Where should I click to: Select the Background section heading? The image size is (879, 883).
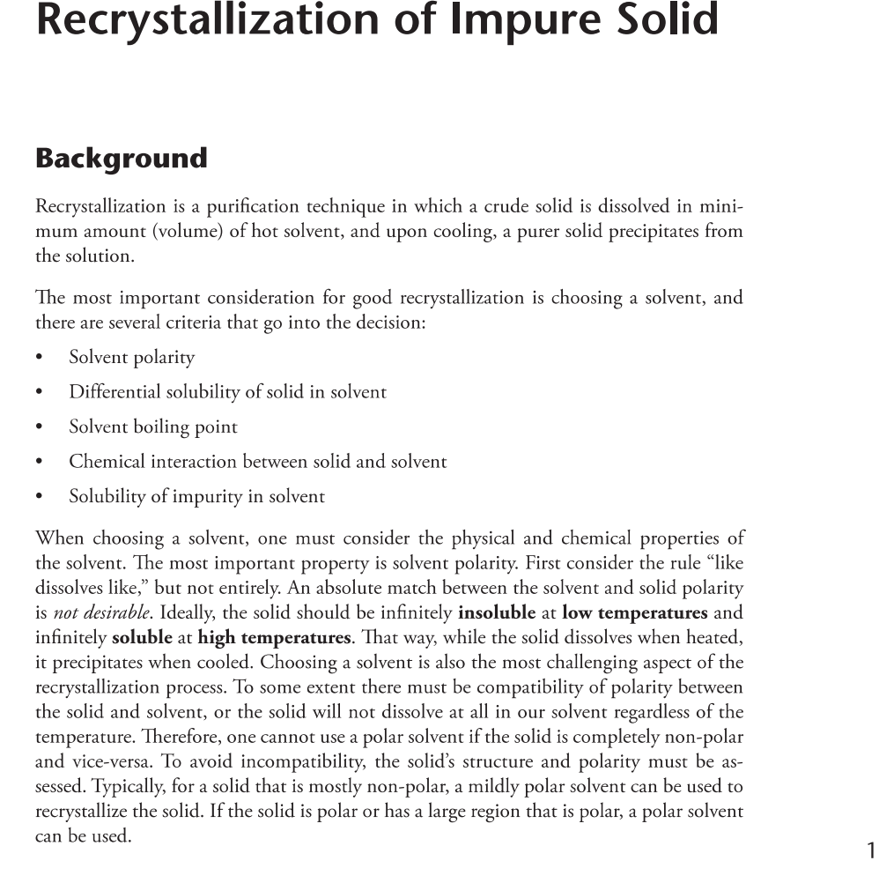pyautogui.click(x=121, y=159)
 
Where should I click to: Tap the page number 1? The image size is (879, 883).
pyautogui.click(x=870, y=850)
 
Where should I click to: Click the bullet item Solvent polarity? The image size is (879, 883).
pyautogui.click(x=132, y=358)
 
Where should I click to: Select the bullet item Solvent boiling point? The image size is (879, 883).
pyautogui.click(x=153, y=427)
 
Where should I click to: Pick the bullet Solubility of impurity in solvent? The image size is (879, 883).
pyautogui.click(x=196, y=497)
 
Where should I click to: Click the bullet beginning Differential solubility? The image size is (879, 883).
pyautogui.click(x=227, y=392)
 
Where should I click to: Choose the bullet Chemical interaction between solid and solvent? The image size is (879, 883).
pyautogui.click(x=257, y=462)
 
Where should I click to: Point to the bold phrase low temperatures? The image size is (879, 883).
pyautogui.click(x=634, y=612)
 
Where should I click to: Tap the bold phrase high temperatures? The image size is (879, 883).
pyautogui.click(x=274, y=637)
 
